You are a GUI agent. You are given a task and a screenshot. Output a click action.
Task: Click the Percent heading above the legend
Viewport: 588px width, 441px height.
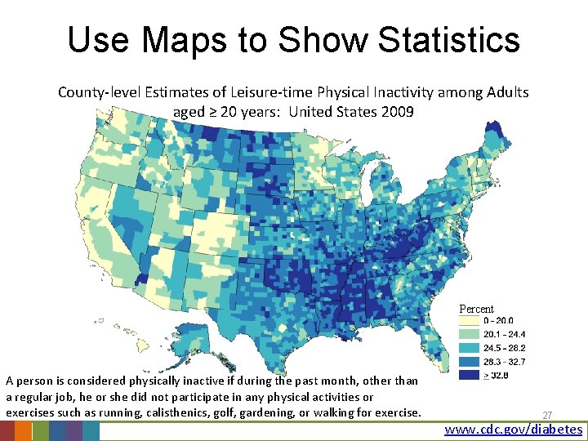[476, 309]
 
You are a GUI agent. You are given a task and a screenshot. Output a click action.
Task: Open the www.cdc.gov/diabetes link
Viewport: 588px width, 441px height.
[514, 430]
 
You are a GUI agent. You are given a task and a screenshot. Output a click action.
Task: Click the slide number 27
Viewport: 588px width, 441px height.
[547, 415]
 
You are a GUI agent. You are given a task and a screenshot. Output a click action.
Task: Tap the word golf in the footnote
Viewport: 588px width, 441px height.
[225, 412]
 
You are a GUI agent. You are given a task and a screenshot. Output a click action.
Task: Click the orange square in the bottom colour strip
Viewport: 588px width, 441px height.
[24, 431]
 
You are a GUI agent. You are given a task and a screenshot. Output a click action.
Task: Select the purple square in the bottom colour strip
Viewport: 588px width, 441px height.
[73, 431]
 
